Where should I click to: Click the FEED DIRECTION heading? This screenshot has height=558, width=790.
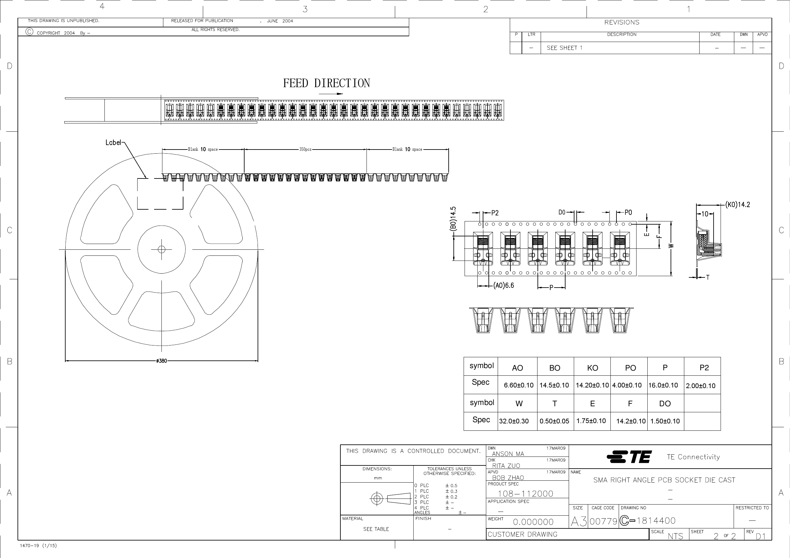(326, 83)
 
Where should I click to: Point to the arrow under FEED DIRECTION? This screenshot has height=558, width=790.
(331, 94)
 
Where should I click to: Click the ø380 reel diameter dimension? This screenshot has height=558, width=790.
(161, 361)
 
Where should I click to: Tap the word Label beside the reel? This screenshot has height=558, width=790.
(113, 142)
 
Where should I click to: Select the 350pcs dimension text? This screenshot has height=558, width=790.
(305, 149)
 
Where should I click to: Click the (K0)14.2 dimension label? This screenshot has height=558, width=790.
(737, 205)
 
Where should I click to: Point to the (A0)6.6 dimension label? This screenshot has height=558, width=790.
(503, 285)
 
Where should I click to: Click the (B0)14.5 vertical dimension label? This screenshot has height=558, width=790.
(453, 219)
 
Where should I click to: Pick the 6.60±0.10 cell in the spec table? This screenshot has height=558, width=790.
(518, 385)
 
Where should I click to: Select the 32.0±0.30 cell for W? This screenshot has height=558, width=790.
(514, 421)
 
